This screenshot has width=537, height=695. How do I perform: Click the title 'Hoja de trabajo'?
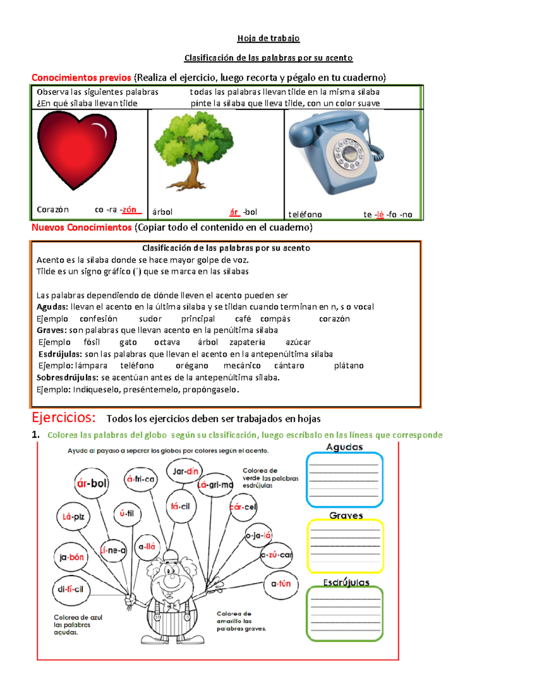tap(268, 38)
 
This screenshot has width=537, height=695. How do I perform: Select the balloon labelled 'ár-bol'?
tap(92, 483)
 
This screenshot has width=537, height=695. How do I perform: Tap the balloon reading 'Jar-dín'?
tap(185, 471)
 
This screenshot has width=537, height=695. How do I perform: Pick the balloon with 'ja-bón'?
tap(71, 557)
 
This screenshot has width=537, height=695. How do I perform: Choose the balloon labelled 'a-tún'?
tap(281, 584)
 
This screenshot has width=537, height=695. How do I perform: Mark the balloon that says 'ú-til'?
tap(127, 513)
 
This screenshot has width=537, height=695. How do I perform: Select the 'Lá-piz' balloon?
tap(73, 517)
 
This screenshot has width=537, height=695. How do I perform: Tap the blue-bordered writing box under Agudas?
tap(345, 480)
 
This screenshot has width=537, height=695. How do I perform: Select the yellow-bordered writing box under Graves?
tap(345, 546)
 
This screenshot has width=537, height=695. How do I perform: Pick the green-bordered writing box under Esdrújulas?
tap(345, 614)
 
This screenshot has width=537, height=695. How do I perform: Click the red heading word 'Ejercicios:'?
tap(64, 418)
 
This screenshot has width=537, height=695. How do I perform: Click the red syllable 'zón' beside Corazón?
tap(129, 209)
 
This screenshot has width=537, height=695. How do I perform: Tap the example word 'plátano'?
tap(349, 366)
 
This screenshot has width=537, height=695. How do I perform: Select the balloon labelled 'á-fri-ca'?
tap(141, 479)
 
